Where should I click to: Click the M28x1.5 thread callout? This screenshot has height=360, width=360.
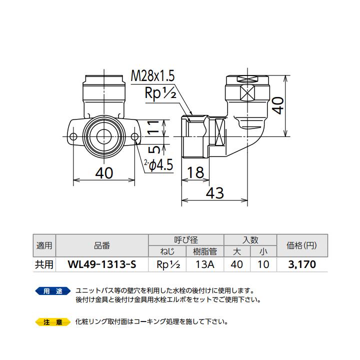[x=152, y=76]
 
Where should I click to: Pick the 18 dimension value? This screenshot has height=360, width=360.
[x=196, y=172]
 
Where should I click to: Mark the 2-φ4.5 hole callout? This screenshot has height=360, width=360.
[x=158, y=164]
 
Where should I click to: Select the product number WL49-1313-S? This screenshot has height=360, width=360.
[x=101, y=264]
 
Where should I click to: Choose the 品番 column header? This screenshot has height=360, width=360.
[x=101, y=245]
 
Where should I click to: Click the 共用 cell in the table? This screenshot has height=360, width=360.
[x=44, y=264]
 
